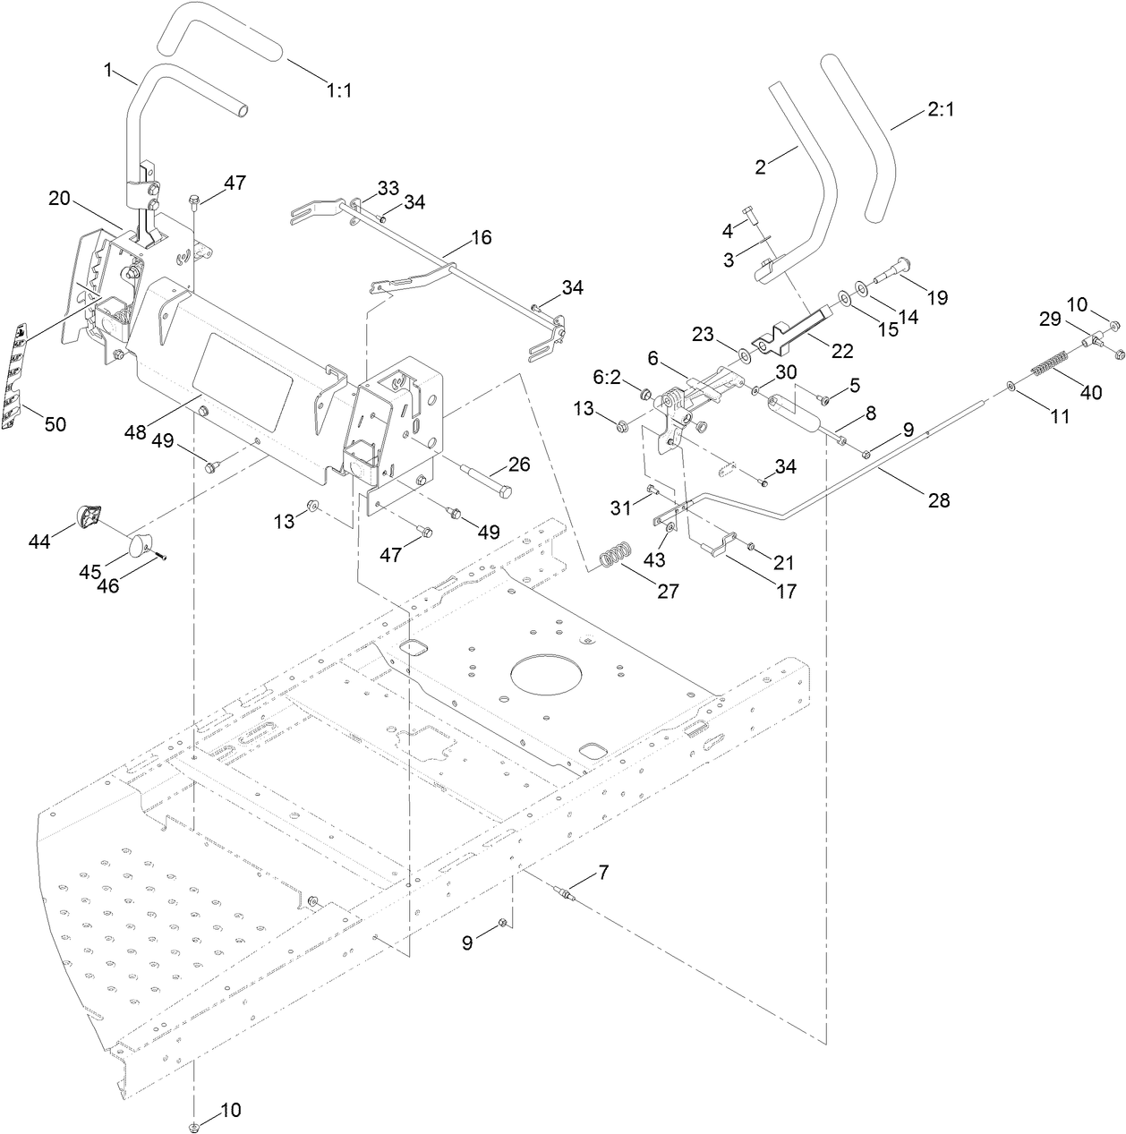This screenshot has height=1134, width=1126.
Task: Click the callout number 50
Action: tap(55, 424)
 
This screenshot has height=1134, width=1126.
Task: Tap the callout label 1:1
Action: tap(339, 90)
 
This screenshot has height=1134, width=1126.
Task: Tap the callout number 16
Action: tap(481, 237)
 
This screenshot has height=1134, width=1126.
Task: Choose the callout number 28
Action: tap(938, 500)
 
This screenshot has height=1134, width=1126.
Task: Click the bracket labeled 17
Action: tap(719, 544)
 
